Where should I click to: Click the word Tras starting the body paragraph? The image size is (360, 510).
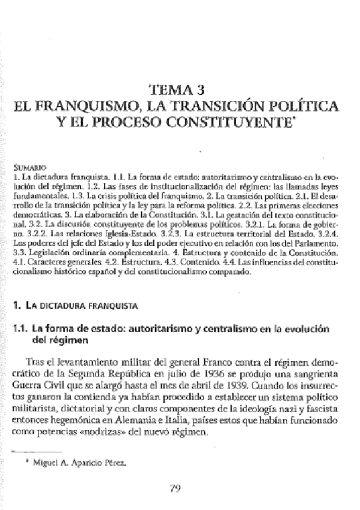tap(37, 362)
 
